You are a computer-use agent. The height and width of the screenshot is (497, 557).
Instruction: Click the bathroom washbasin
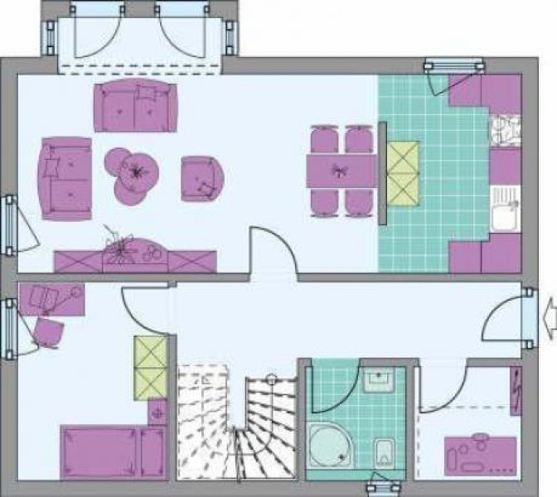coord(379,380)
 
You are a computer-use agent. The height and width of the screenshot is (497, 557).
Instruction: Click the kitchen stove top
coord(502,131)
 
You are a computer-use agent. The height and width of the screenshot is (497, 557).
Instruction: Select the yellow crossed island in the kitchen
coord(403,173)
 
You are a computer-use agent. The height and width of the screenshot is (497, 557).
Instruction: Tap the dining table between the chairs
coord(341,171)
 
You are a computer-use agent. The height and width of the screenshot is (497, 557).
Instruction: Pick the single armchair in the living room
coord(203,177)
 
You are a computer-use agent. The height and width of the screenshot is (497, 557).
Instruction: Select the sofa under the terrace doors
coord(136,106)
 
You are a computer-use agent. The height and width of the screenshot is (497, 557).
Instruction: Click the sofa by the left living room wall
coord(65,178)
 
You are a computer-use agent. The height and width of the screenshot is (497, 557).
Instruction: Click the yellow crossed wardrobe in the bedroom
coord(150,367)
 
